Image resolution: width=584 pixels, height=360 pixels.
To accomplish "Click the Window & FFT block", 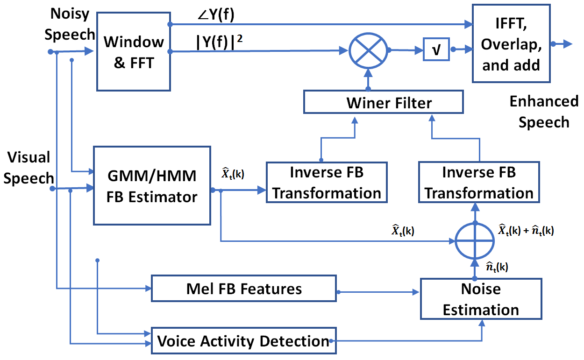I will tap(133, 51).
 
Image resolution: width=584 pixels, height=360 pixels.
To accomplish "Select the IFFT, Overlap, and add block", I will tap(511, 43).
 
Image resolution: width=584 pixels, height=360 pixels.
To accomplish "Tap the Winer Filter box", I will tap(383, 102).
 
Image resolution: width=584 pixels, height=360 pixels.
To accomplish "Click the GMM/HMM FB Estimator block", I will tap(152, 185).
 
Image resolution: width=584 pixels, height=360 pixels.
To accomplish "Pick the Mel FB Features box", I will tap(244, 289).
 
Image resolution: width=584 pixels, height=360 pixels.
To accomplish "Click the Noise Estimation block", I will tap(481, 299).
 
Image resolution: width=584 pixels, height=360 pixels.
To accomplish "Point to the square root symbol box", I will tap(436, 50).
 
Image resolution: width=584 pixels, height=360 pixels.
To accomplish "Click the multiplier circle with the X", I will tap(369, 50).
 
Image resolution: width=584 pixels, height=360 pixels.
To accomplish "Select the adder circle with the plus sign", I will tap(475, 241).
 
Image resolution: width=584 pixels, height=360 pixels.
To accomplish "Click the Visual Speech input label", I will tap(28, 168).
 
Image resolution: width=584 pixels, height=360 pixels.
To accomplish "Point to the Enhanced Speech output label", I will tap(544, 112).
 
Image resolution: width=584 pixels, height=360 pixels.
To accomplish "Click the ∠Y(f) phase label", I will tap(215, 15).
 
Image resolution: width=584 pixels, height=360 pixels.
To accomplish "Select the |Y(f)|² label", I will tap(221, 42).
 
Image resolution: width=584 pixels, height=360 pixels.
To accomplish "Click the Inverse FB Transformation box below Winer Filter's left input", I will tap(327, 182).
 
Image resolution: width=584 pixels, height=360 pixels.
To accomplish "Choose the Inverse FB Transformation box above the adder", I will tap(478, 182).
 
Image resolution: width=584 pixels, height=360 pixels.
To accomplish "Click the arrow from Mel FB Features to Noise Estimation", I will tap(378, 292).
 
